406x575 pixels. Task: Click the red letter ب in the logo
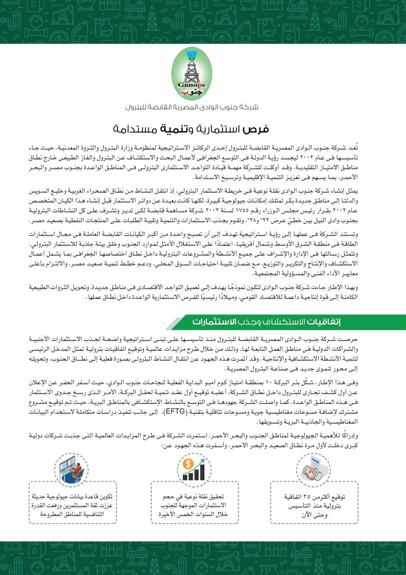pyautogui.click(x=197, y=92)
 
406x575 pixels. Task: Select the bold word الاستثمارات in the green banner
pyautogui.click(x=213, y=323)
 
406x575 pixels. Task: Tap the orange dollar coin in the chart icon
pyautogui.click(x=187, y=463)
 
